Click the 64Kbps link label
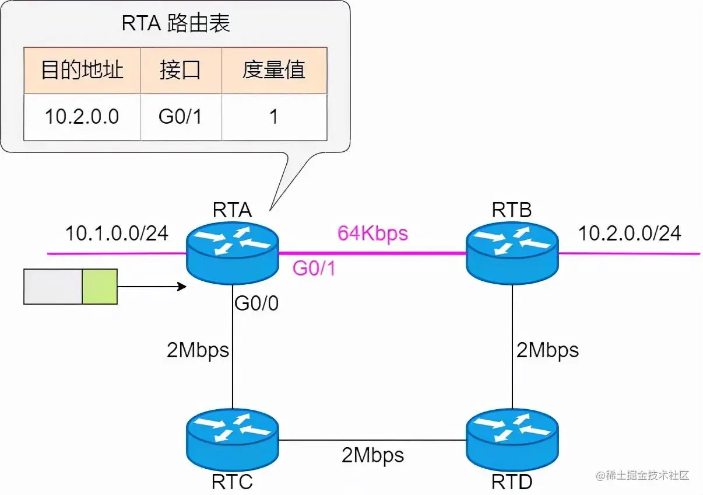[372, 233]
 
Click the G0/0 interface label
[256, 304]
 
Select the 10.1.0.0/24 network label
[117, 233]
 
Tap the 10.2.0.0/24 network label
[630, 233]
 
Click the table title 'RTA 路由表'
[175, 23]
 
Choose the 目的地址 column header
[82, 70]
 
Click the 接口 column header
[181, 70]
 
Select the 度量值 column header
[274, 70]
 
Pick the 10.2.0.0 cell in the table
[82, 117]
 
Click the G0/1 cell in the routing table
[181, 117]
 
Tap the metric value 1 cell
[274, 117]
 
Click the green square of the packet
[100, 287]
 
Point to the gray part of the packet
[53, 287]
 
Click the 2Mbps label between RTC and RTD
[372, 454]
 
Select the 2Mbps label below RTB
[548, 350]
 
